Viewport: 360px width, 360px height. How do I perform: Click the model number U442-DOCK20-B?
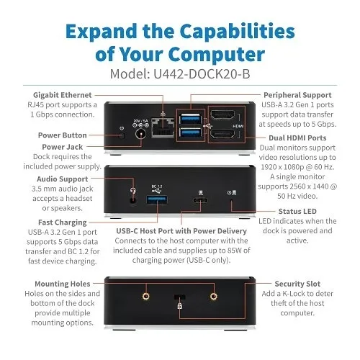[202, 73]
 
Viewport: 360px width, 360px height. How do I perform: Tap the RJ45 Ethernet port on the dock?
[163, 128]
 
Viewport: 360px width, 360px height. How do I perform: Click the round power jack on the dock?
[141, 134]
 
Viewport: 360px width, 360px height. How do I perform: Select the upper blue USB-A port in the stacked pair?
[191, 119]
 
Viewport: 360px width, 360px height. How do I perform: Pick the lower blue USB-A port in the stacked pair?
[191, 132]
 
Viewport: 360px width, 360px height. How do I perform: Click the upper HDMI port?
[222, 115]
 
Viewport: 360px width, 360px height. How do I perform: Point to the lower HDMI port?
[222, 134]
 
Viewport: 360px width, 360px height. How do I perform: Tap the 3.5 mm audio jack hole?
[133, 200]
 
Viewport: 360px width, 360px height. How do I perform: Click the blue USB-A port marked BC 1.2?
[157, 200]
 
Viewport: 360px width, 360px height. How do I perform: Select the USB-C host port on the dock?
[200, 200]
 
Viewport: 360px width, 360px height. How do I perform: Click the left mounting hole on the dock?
[146, 296]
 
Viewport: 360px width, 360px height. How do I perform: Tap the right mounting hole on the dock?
[214, 296]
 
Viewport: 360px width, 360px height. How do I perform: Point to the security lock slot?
[179, 297]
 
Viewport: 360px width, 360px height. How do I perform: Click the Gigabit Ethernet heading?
[63, 95]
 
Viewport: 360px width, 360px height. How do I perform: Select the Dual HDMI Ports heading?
[297, 138]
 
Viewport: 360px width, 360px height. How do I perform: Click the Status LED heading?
[297, 212]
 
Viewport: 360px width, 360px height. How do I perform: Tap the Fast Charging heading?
[63, 222]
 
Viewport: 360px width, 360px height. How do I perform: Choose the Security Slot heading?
[297, 284]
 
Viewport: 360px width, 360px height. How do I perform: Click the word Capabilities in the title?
[237, 32]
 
